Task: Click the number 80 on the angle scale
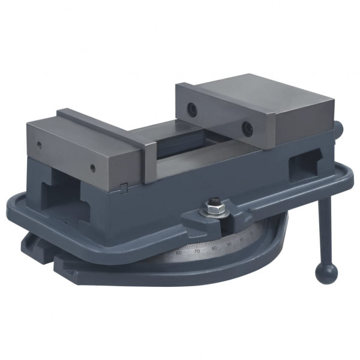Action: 214,247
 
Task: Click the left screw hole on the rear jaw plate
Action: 191,109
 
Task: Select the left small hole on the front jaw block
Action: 38,145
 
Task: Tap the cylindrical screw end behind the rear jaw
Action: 340,128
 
